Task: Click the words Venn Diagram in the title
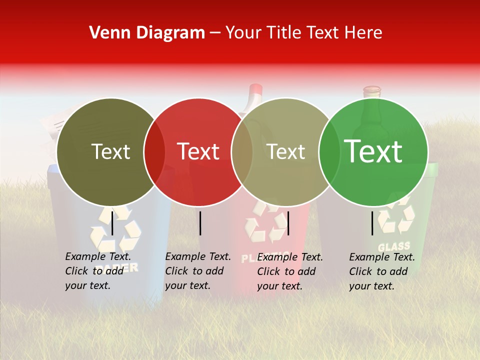point(147,33)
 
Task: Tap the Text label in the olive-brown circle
point(110,151)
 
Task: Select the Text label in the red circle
point(198,151)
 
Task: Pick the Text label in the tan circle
point(285,151)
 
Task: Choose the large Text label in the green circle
point(373,151)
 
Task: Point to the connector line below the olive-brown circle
point(112,222)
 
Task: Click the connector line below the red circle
point(200,223)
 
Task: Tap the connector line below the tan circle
point(288,223)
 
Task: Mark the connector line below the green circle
point(372,223)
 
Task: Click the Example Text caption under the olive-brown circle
point(97,271)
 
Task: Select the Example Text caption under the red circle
point(197,271)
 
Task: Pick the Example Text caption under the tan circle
point(289,271)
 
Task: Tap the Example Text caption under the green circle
point(381,271)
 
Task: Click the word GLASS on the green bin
point(393,246)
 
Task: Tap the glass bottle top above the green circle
point(371,91)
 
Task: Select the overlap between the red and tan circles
point(242,152)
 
